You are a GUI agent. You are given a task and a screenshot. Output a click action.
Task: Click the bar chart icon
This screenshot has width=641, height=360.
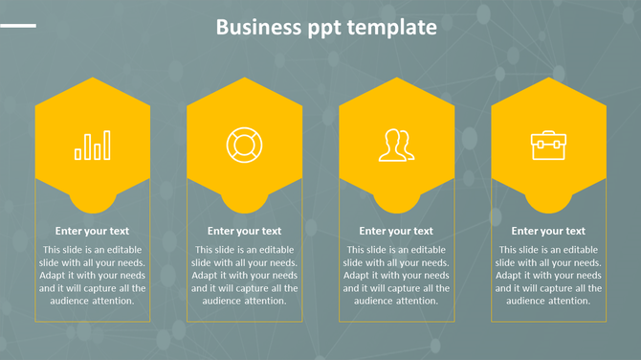pyautogui.click(x=92, y=146)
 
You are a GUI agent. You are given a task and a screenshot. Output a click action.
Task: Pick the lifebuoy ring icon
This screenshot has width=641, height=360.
pyautogui.click(x=244, y=145)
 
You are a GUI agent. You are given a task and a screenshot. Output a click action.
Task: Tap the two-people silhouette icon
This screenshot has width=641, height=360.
pyautogui.click(x=396, y=145)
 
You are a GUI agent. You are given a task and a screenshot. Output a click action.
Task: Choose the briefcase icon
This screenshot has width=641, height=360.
pyautogui.click(x=548, y=145)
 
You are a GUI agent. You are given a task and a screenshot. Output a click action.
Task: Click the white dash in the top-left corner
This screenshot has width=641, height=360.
pyautogui.click(x=18, y=26)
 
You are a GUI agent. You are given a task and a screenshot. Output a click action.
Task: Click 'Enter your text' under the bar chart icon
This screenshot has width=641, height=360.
pyautogui.click(x=92, y=231)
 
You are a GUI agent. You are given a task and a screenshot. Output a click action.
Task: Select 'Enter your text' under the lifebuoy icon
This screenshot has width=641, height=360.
pyautogui.click(x=244, y=231)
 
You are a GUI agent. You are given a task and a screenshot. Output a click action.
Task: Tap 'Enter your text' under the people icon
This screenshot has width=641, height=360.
pyautogui.click(x=396, y=231)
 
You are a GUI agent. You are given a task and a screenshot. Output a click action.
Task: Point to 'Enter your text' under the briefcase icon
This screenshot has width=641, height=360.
pyautogui.click(x=548, y=231)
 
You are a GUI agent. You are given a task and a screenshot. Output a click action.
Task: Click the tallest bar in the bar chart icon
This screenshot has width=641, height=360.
pyautogui.click(x=106, y=146)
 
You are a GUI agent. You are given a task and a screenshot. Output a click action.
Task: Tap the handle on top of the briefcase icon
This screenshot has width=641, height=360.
pyautogui.click(x=548, y=135)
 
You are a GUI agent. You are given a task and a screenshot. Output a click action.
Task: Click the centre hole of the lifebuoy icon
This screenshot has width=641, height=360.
pyautogui.click(x=244, y=145)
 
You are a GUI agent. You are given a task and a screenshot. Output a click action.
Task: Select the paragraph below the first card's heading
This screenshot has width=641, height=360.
pyautogui.click(x=92, y=275)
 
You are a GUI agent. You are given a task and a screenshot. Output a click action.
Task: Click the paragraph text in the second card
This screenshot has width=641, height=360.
pyautogui.click(x=244, y=275)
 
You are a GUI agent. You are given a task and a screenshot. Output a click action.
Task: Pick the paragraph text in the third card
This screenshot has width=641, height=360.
pyautogui.click(x=396, y=275)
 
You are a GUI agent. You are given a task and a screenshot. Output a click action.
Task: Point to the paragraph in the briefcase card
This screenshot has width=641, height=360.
pyautogui.click(x=548, y=275)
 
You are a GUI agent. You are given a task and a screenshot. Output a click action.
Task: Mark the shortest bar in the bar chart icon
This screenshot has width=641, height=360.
pyautogui.click(x=78, y=153)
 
